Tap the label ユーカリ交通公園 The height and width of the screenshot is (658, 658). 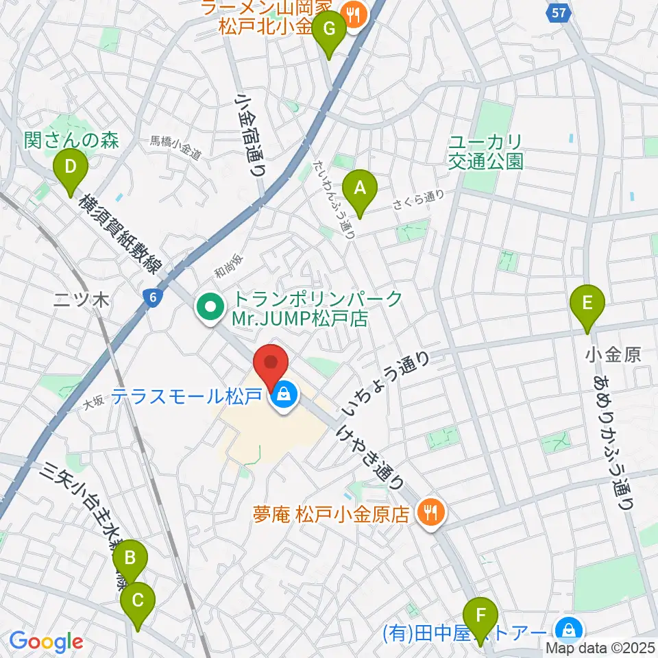[x=486, y=152]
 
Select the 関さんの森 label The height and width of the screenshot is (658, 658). [x=71, y=141]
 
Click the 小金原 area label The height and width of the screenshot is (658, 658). [x=613, y=355]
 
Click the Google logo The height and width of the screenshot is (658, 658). [x=46, y=642]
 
